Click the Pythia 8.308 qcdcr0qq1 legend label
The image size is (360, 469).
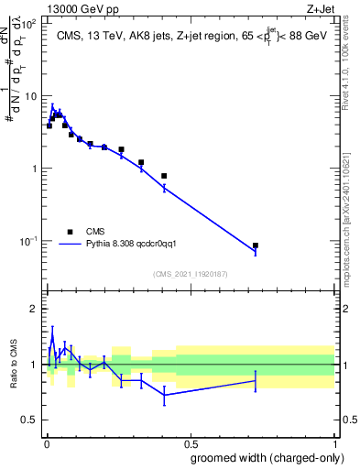click(x=136, y=245)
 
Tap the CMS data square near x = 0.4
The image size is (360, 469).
click(x=164, y=176)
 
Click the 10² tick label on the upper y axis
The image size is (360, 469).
click(x=29, y=24)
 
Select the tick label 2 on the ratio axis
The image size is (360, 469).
click(x=35, y=309)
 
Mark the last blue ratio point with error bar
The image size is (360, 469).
click(x=255, y=380)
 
